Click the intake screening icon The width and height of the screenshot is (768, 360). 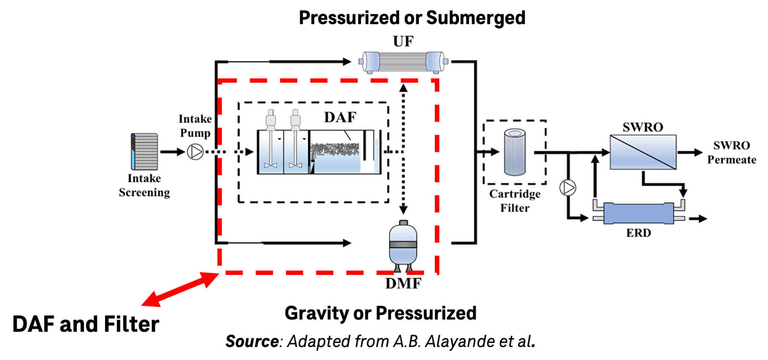(144, 152)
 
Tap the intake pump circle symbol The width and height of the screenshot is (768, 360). (195, 152)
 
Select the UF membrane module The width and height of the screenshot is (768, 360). (403, 62)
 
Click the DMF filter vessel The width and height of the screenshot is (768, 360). (403, 245)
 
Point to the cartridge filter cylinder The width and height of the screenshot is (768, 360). (515, 152)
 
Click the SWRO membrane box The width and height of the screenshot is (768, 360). (643, 152)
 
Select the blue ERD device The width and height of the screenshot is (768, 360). (638, 214)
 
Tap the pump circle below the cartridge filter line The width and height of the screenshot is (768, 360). (568, 187)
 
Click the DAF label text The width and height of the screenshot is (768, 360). (340, 117)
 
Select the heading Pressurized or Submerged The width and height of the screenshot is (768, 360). (412, 18)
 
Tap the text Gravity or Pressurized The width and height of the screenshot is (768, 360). (380, 313)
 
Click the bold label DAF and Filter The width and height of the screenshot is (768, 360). (85, 324)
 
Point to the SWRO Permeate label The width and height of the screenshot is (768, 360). (731, 152)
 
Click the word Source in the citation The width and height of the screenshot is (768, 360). (252, 341)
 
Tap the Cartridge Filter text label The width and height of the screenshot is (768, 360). (515, 201)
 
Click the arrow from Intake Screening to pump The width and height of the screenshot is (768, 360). (172, 152)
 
